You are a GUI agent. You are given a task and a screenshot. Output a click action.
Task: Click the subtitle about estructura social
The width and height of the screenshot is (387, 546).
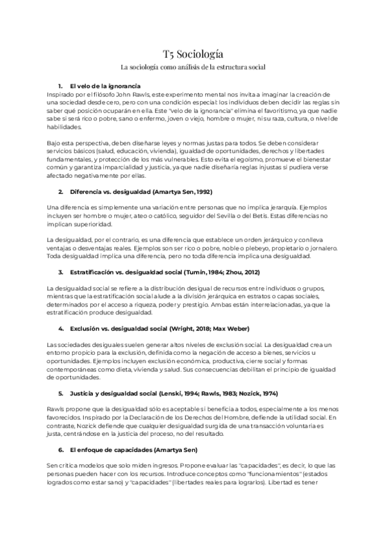(x=193, y=66)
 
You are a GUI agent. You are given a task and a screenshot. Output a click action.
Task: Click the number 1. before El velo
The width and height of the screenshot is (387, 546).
(x=60, y=86)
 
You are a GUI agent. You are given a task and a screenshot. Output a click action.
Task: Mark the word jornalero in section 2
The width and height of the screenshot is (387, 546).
(x=312, y=248)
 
